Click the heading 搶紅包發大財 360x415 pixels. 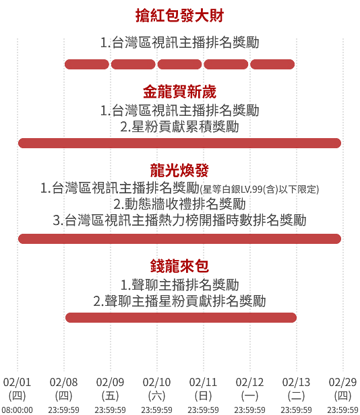tap(179, 15)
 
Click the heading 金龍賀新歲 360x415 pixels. tap(179, 92)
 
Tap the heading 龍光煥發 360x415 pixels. tap(179, 170)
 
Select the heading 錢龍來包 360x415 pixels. tap(179, 266)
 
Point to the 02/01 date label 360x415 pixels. tap(18, 382)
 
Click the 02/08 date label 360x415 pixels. tap(63, 382)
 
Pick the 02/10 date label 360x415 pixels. tap(156, 382)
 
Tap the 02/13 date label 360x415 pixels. tap(296, 382)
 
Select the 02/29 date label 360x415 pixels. tap(342, 382)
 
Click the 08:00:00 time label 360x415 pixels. tap(18, 410)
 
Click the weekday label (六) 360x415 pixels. tap(156, 396)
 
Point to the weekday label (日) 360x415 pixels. tap(203, 396)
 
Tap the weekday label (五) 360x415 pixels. tap(110, 396)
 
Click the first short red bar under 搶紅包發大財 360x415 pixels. tap(87, 64)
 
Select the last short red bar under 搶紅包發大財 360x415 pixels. tap(272, 64)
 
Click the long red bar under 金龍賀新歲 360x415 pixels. tap(179, 143)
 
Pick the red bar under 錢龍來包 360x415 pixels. tap(181, 317)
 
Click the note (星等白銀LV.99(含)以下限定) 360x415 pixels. tap(260, 189)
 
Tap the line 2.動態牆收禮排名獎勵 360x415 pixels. tap(179, 204)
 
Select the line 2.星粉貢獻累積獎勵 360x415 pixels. tap(179, 127)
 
